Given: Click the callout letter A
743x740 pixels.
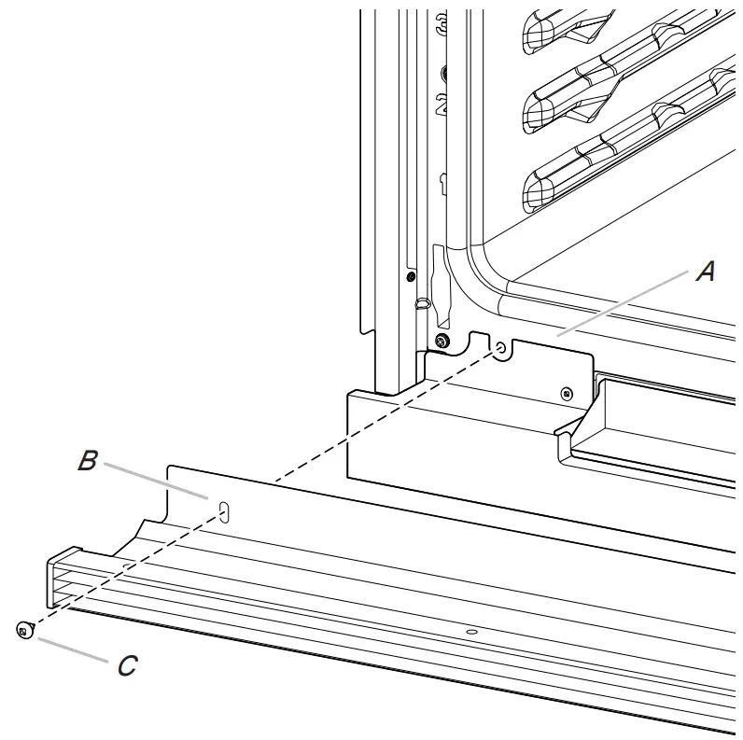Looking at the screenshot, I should [x=707, y=272].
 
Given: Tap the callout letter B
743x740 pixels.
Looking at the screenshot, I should [x=87, y=461].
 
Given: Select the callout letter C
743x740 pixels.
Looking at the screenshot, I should [x=127, y=665].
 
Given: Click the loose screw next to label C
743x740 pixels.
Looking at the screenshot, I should [x=22, y=632].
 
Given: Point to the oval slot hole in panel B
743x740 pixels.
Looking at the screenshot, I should [x=223, y=510].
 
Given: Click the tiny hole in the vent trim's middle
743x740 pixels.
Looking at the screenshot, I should [x=471, y=633].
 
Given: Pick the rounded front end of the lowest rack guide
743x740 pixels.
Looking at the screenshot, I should [x=539, y=191].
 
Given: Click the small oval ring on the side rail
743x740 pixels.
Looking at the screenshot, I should [x=422, y=302].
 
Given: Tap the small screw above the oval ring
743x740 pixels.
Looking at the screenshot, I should [x=411, y=275].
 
